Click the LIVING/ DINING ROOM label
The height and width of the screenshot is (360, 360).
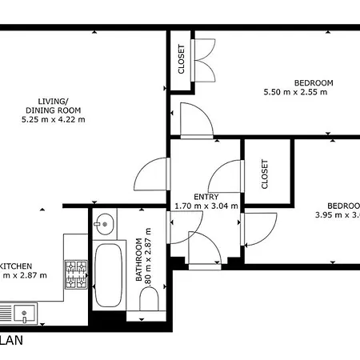54,105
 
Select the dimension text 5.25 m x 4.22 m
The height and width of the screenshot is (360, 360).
54,119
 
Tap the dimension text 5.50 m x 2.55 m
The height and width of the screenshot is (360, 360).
296,92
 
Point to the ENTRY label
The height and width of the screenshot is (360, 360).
206,197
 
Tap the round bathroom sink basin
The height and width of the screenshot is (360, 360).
103,222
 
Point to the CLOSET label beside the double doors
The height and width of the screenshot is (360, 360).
181,58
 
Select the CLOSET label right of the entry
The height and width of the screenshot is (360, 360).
265,174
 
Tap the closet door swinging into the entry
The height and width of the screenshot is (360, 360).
228,177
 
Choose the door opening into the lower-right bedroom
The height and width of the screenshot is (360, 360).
260,230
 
